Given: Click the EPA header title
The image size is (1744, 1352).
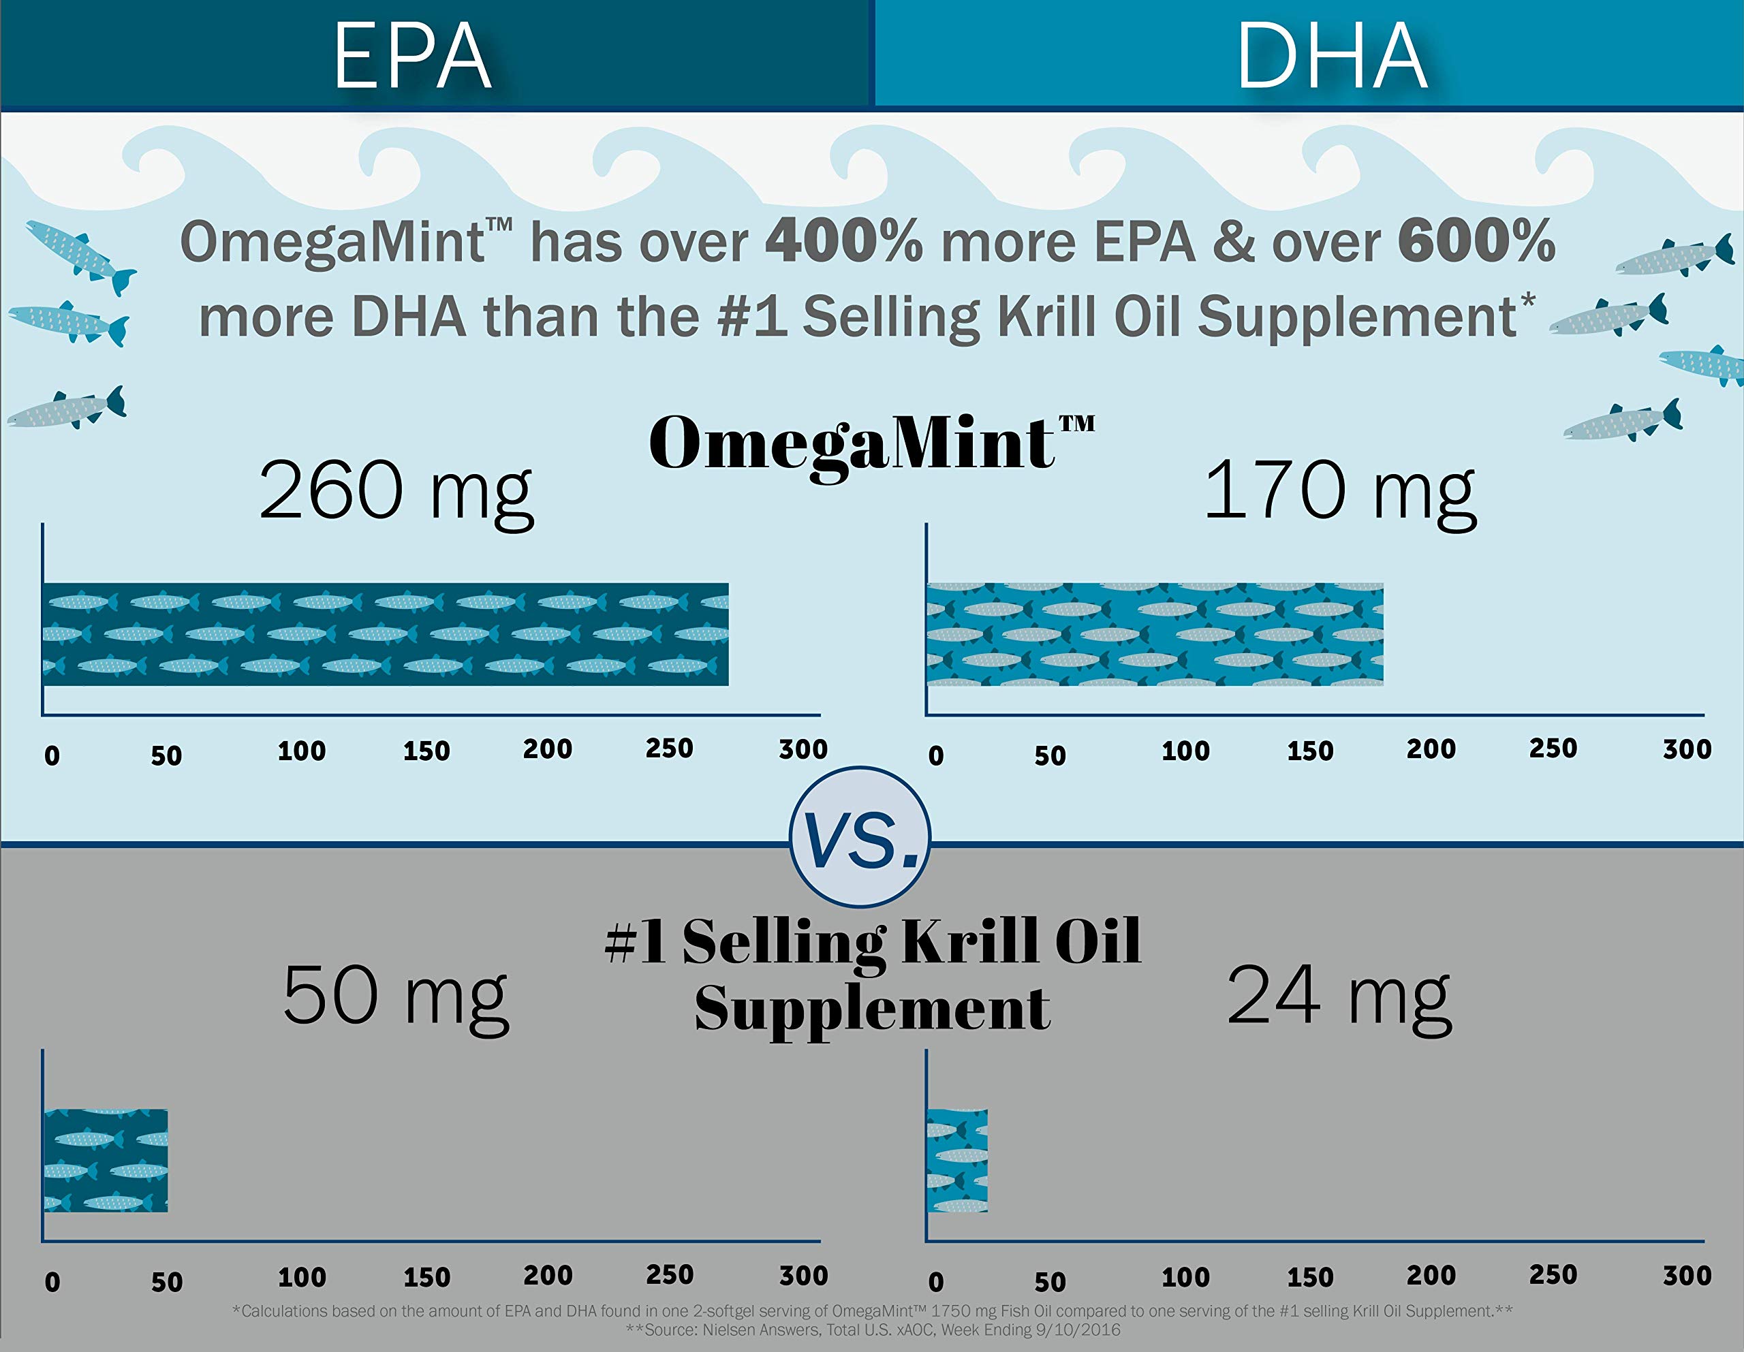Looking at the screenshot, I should (412, 56).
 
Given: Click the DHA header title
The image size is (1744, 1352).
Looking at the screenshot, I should (1332, 56).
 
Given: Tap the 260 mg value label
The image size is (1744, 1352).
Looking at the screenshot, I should (396, 490).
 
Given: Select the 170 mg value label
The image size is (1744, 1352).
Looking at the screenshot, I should (1339, 490).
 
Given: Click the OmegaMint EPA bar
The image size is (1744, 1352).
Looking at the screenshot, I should (386, 634).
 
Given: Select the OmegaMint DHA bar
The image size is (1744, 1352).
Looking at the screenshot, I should (1155, 634).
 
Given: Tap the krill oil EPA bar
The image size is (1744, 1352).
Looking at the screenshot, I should (106, 1161).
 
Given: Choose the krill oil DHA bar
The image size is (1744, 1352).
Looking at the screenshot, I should (957, 1161).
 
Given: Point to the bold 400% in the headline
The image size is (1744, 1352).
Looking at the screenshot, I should (843, 241).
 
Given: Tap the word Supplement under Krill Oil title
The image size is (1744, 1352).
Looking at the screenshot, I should (872, 1008).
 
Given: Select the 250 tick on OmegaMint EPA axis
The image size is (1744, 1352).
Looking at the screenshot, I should (669, 749).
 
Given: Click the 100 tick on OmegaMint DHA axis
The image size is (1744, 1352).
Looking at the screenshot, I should (1185, 751).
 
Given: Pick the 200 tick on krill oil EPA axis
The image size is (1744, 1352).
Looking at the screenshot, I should (548, 1274).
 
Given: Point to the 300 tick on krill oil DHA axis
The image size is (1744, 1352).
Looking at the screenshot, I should (1687, 1274).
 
